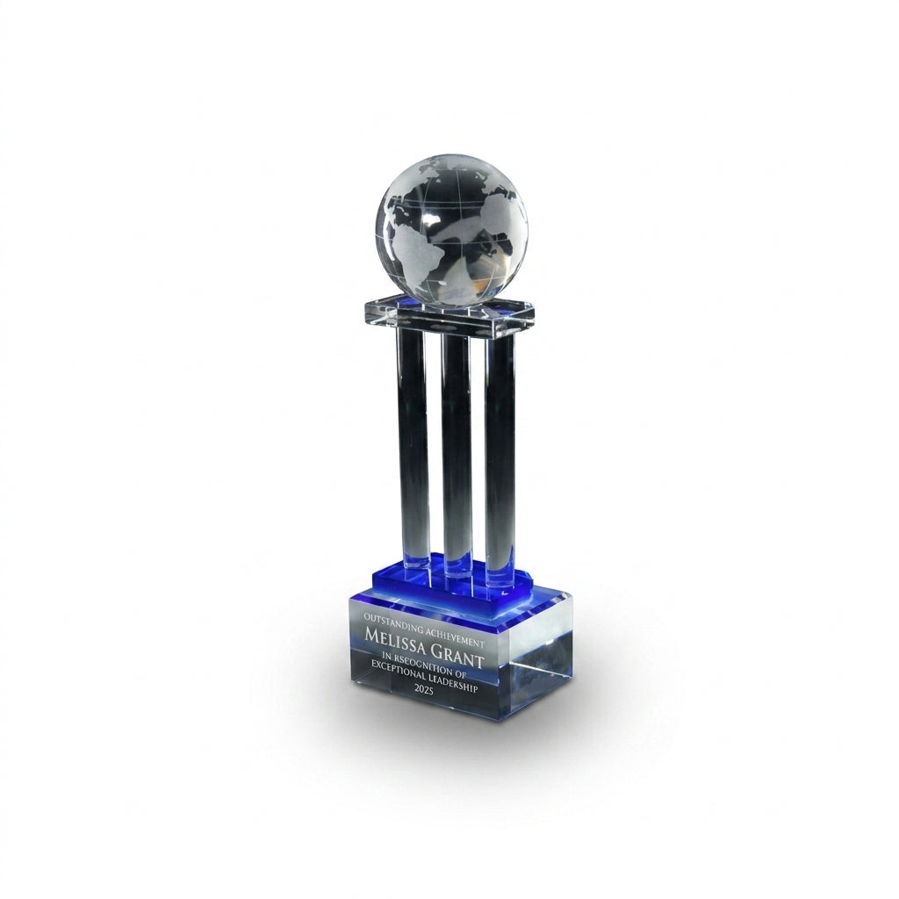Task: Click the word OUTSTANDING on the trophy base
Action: click(x=385, y=620)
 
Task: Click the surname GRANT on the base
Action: click(x=460, y=651)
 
